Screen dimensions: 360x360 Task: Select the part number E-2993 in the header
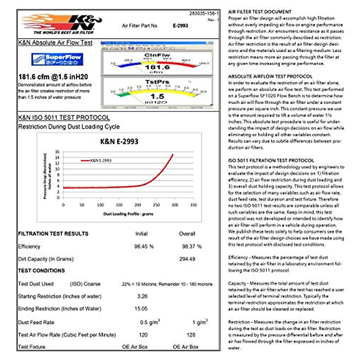click(180, 26)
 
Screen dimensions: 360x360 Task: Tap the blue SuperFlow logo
click(57, 59)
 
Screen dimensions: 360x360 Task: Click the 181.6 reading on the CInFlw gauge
click(157, 67)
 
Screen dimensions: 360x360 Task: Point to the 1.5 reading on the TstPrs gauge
click(157, 96)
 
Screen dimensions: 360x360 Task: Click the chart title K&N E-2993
click(119, 142)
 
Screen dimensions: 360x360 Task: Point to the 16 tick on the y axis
click(57, 152)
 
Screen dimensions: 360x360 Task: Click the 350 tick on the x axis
click(193, 205)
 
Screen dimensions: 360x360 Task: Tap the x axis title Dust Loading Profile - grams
click(128, 214)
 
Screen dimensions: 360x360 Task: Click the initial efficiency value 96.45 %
click(144, 247)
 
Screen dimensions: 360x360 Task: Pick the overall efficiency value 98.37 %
click(192, 247)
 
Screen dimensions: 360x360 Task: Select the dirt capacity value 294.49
click(187, 259)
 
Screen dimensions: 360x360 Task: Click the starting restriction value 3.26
click(142, 296)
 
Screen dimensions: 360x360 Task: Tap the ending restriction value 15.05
click(141, 309)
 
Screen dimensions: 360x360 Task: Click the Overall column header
click(187, 234)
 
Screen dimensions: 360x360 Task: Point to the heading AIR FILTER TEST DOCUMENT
click(260, 12)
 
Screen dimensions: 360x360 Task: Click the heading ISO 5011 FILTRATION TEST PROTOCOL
click(271, 160)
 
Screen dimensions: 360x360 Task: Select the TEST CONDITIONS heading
click(41, 271)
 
